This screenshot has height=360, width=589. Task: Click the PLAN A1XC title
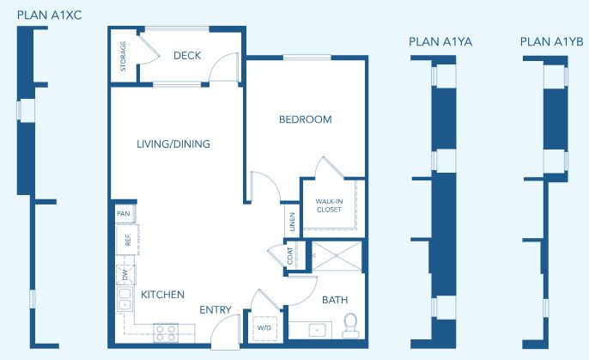pos(49,15)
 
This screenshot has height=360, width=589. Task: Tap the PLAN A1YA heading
pos(440,42)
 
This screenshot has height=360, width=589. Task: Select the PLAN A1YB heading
pos(552,42)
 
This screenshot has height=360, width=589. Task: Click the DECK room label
pos(187,56)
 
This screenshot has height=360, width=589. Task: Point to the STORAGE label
pos(123,56)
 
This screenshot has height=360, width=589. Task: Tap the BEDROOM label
pos(306,119)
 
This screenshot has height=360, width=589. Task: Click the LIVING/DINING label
pos(173,144)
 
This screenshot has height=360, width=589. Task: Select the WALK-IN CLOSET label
pos(329,205)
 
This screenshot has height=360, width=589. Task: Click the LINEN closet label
pos(292,222)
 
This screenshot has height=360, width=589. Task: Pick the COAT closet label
pos(290,255)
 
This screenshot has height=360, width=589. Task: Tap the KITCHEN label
pos(162,295)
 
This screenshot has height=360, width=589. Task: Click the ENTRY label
pos(216,309)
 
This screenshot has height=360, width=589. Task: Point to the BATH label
pos(335,300)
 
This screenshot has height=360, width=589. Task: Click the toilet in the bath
pos(350,326)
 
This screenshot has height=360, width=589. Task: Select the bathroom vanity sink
pos(318,330)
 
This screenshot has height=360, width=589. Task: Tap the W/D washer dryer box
pos(264,328)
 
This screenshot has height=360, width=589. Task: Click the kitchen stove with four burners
pos(166,333)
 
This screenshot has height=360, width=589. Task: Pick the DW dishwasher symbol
pos(125,275)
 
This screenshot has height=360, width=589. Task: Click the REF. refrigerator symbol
pos(127,240)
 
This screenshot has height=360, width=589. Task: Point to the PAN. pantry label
pos(124,214)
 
